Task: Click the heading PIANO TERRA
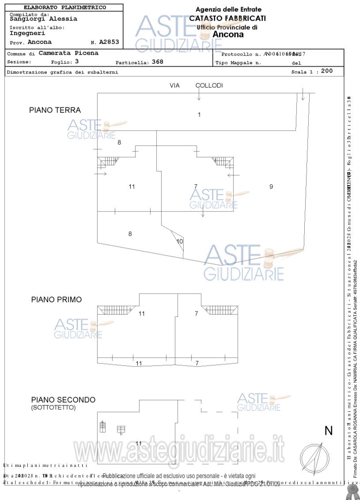pyautogui.click(x=55, y=110)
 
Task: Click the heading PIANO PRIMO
pyautogui.click(x=56, y=299)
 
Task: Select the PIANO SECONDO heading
pyautogui.click(x=63, y=400)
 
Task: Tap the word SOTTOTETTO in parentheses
pyautogui.click(x=53, y=408)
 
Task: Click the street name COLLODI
pyautogui.click(x=209, y=85)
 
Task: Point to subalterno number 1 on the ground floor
pyautogui.click(x=199, y=115)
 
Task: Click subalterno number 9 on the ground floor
pyautogui.click(x=271, y=187)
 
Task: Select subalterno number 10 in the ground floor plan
pyautogui.click(x=179, y=242)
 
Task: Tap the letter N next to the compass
pyautogui.click(x=329, y=431)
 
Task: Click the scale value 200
pyautogui.click(x=327, y=71)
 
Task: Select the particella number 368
pyautogui.click(x=157, y=62)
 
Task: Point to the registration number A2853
pyautogui.click(x=109, y=42)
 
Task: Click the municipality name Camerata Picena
pyautogui.click(x=68, y=53)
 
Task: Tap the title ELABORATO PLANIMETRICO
pyautogui.click(x=64, y=8)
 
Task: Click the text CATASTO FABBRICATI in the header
pyautogui.click(x=227, y=18)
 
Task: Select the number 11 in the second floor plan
pyautogui.click(x=139, y=443)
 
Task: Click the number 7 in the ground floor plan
pyautogui.click(x=196, y=187)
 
